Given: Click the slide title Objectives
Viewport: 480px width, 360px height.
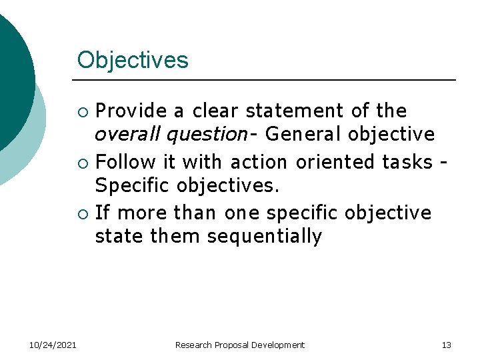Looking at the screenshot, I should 133,61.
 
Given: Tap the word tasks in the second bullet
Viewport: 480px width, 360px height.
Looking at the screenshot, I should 407,161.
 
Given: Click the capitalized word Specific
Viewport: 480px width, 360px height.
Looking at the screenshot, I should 129,186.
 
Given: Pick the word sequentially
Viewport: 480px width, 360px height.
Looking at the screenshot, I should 265,237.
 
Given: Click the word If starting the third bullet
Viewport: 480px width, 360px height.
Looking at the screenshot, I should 102,213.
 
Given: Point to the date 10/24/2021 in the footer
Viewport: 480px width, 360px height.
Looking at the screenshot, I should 53,345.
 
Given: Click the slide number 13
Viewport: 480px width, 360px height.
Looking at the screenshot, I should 446,345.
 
